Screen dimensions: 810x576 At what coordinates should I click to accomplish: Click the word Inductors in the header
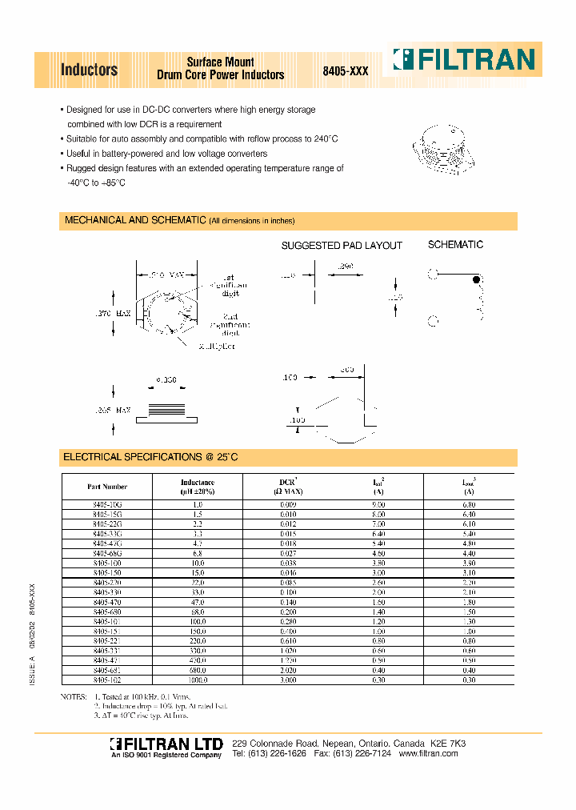tap(90, 70)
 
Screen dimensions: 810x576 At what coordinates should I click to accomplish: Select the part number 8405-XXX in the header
tap(346, 70)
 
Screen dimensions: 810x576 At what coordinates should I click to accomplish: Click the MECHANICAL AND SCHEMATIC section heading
tap(135, 220)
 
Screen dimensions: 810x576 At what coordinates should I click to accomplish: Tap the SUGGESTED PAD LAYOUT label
tap(342, 246)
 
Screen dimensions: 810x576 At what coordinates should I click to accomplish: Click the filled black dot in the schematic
tap(477, 279)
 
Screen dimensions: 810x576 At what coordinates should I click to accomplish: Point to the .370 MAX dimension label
tap(112, 315)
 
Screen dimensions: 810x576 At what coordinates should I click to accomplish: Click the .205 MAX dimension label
tap(112, 410)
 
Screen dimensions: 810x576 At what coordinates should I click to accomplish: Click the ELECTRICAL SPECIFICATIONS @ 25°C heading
tap(150, 457)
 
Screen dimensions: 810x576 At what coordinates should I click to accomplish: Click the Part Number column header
tap(107, 487)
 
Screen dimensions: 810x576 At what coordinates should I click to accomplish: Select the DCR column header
tap(288, 483)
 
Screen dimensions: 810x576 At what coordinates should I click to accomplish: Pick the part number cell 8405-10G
tap(107, 505)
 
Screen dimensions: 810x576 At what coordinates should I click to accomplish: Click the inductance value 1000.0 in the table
tap(197, 680)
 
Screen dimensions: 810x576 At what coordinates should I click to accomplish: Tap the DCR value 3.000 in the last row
tap(288, 680)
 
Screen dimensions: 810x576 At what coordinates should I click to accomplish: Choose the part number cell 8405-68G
tap(107, 553)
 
